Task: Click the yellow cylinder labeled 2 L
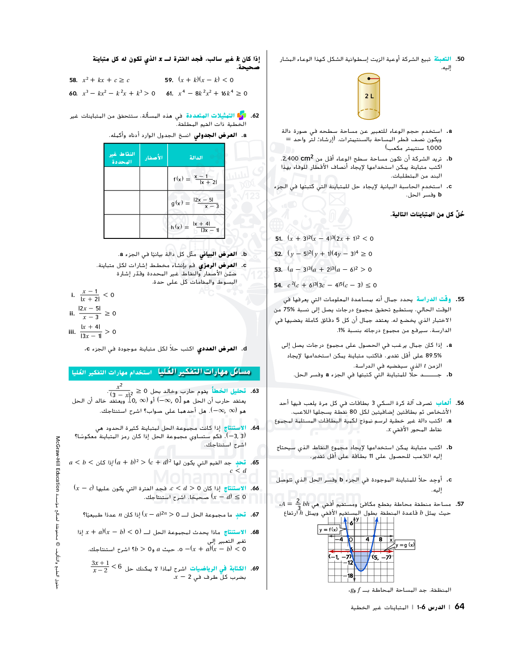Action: [x=369, y=96]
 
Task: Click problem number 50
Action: [x=460, y=59]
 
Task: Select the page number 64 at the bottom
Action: [x=459, y=606]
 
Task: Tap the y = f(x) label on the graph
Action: [x=328, y=529]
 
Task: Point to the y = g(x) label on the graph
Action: [x=405, y=545]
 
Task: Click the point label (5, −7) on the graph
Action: [x=382, y=557]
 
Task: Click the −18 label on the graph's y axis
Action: [x=349, y=576]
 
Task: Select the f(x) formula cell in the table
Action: [x=196, y=179]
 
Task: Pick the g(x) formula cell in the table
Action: [x=196, y=202]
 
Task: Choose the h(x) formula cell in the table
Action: [x=196, y=226]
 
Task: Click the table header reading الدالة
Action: [x=196, y=158]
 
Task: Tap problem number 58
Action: [x=73, y=80]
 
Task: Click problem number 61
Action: [x=170, y=94]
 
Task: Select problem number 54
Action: [x=278, y=285]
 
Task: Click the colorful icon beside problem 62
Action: [x=241, y=115]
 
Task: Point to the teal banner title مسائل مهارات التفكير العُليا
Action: [x=204, y=372]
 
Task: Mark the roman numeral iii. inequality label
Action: [x=72, y=332]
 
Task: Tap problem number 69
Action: [x=255, y=569]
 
